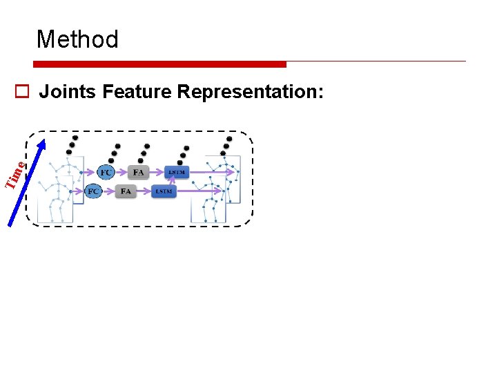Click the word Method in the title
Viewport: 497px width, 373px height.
(77, 39)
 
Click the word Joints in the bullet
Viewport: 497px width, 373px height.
(67, 91)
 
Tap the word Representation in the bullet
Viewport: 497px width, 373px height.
(250, 91)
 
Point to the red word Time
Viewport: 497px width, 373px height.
(15, 173)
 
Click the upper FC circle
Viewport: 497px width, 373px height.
(106, 172)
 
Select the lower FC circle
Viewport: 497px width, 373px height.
(92, 191)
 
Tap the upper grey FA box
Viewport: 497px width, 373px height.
(139, 172)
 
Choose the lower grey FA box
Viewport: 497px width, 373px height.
(126, 191)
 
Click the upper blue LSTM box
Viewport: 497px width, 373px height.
(176, 172)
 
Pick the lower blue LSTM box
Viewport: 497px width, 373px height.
(164, 191)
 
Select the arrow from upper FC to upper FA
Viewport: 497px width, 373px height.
(121, 172)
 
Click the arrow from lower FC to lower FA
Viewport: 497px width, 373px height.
(109, 191)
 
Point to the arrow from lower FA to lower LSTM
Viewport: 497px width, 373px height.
(144, 191)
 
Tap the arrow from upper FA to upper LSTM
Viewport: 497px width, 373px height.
(157, 172)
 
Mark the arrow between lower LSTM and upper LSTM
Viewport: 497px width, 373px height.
(170, 182)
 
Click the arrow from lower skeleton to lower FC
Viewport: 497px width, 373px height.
(76, 191)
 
